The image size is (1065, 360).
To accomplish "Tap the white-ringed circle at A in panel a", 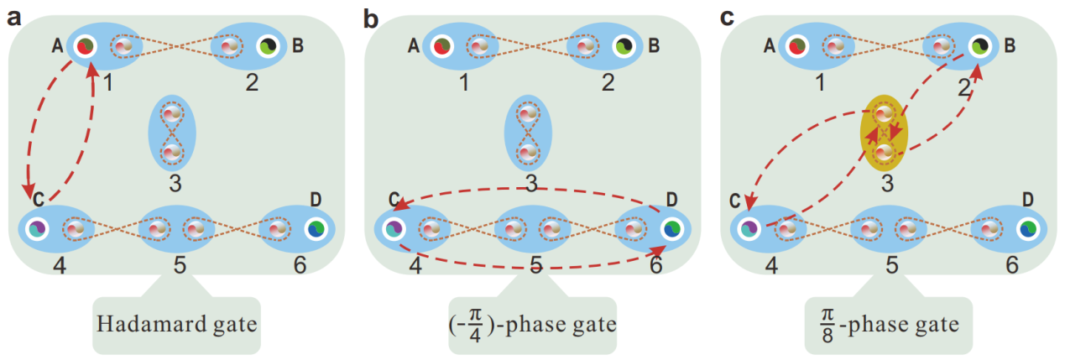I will pyautogui.click(x=82, y=47).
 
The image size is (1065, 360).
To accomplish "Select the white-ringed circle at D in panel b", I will pyautogui.click(x=671, y=228).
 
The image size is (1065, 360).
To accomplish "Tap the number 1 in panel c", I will pyautogui.click(x=819, y=82).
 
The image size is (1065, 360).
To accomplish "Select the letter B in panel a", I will pyautogui.click(x=298, y=45).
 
